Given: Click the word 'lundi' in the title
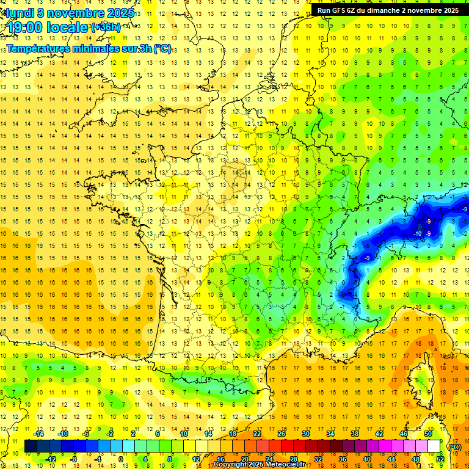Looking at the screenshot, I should (x=20, y=13).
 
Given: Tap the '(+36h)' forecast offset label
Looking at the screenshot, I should (x=105, y=27).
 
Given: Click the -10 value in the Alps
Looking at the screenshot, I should (x=418, y=234).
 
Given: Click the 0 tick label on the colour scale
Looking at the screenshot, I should (x=121, y=459).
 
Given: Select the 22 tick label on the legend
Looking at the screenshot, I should (x=256, y=434).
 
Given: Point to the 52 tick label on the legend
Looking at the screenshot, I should (x=440, y=459).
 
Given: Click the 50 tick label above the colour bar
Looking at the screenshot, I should (x=428, y=434).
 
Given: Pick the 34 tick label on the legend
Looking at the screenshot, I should (x=330, y=434).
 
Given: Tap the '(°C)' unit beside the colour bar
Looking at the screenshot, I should (x=454, y=446).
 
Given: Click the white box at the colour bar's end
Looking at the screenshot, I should (x=434, y=446).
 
